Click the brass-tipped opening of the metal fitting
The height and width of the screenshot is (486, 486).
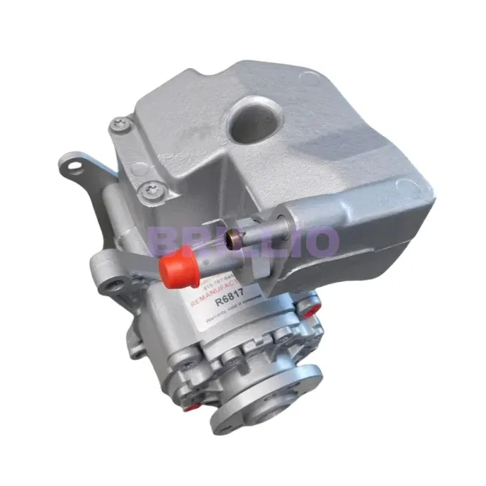234,241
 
